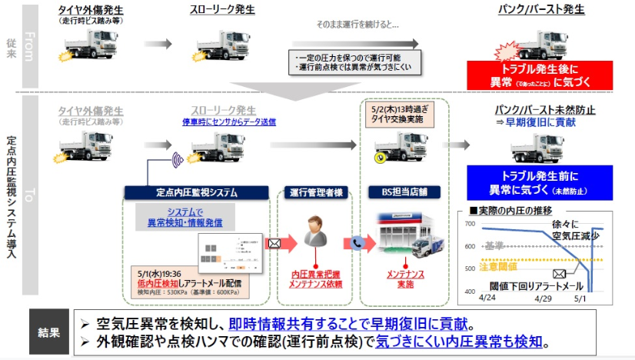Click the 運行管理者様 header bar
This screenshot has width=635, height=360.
(x=317, y=192)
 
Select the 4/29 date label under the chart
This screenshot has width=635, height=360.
(x=543, y=296)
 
